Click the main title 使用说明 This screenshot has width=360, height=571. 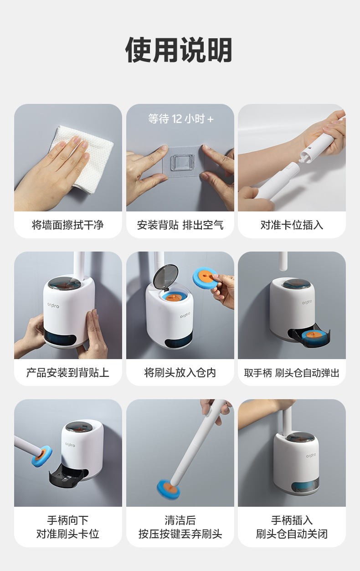point(179,50)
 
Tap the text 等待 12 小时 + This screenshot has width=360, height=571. point(181,119)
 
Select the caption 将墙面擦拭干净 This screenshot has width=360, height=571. point(68,225)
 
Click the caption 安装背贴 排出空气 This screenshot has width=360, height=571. point(180,225)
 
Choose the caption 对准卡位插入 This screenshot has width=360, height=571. point(292,225)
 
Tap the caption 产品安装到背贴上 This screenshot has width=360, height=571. point(68,372)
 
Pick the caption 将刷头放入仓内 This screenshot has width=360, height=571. point(180,372)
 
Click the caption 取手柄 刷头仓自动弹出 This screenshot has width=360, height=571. point(292,373)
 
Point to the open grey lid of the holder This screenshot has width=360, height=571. point(165,278)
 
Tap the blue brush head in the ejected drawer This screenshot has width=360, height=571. point(314,336)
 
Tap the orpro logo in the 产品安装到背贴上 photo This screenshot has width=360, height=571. point(53,305)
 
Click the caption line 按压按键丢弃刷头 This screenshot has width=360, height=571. point(180,534)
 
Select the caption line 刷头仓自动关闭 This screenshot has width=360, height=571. point(292,534)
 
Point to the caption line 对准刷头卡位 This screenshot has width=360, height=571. point(68,534)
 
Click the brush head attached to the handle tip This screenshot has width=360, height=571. point(42,456)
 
